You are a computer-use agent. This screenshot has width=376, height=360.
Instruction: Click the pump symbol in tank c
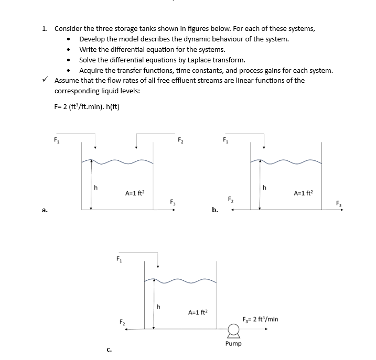pyautogui.click(x=233, y=330)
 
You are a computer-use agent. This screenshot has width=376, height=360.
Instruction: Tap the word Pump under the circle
pyautogui.click(x=233, y=344)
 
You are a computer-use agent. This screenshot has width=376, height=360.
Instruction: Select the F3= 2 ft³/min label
pyautogui.click(x=261, y=319)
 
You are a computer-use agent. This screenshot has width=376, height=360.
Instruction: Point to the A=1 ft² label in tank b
pyautogui.click(x=304, y=192)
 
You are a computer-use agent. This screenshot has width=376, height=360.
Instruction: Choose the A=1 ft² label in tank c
pyautogui.click(x=198, y=312)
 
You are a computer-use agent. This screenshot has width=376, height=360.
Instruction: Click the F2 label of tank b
pyautogui.click(x=230, y=200)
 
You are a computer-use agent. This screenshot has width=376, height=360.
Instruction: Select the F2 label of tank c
pyautogui.click(x=122, y=321)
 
